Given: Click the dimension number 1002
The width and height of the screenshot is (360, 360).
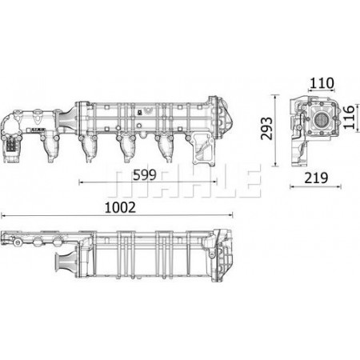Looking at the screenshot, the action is pyautogui.click(x=120, y=208).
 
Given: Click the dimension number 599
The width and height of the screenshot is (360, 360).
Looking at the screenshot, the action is pyautogui.click(x=145, y=175).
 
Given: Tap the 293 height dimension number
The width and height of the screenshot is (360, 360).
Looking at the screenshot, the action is pyautogui.click(x=267, y=128).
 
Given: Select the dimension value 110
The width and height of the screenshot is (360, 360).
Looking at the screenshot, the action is pyautogui.click(x=322, y=83).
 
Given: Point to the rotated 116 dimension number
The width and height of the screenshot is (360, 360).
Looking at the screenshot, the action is pyautogui.click(x=349, y=117).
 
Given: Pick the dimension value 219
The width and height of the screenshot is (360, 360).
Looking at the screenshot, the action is pyautogui.click(x=316, y=178).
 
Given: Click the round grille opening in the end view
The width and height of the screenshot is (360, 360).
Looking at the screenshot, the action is pyautogui.click(x=322, y=119).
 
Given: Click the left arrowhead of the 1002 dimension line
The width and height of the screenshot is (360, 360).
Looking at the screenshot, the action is pyautogui.click(x=2, y=215).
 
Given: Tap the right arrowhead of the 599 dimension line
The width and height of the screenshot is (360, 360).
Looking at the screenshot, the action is pyautogui.click(x=215, y=182).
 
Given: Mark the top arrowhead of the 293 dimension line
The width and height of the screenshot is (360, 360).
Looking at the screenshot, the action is pyautogui.click(x=275, y=96).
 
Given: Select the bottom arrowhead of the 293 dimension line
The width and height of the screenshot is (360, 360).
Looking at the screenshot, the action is pyautogui.click(x=275, y=165).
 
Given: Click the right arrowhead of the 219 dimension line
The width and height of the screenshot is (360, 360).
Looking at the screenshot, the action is pyautogui.click(x=339, y=186).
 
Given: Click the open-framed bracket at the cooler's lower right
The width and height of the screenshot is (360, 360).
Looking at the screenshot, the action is pyautogui.click(x=203, y=150).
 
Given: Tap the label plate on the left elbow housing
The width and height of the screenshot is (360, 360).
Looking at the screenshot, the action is pyautogui.click(x=11, y=145).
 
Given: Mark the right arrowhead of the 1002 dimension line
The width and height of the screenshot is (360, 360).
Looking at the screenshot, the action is pyautogui.click(x=231, y=215).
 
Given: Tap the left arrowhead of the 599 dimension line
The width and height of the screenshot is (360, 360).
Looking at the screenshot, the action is pyautogui.click(x=81, y=182).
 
